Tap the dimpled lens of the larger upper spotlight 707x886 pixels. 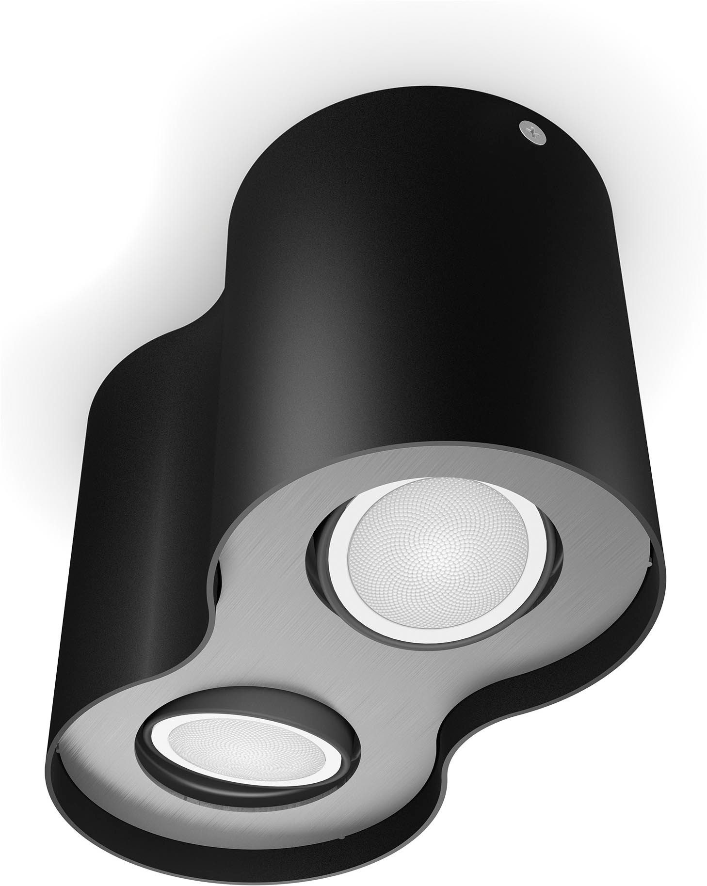click(x=419, y=537)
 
